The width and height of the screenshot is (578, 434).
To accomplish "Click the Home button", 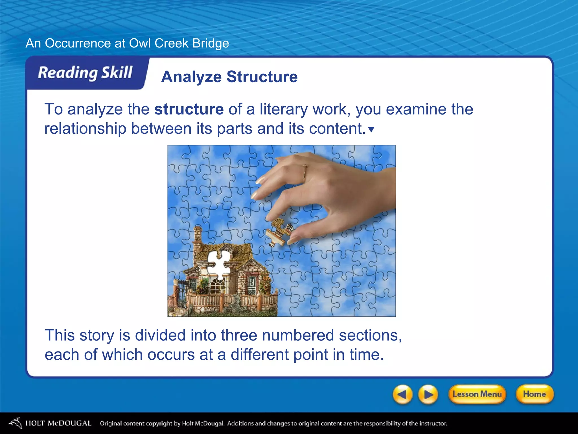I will coord(534,394).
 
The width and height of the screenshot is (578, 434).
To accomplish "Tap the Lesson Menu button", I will coord(477,394).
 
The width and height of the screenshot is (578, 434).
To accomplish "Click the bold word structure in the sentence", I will coord(189,109).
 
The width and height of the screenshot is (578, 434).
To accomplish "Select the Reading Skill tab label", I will coord(85,73).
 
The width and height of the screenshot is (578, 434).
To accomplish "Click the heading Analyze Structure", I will coord(229,77).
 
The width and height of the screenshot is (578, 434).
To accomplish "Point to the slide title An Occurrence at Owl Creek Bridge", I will coord(127,43).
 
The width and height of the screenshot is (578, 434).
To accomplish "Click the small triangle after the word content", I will coord(371,130).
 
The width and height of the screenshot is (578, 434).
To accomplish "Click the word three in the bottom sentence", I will coord(239,335).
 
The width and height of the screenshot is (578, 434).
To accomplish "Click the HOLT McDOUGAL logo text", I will coord(58,423).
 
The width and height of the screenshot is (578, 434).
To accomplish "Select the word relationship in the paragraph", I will coord(85,129).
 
